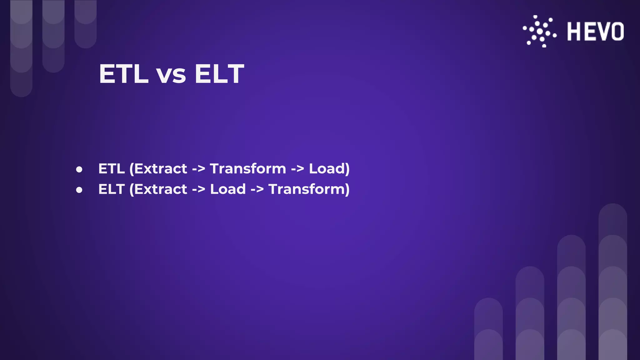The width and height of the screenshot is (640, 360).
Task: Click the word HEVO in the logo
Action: click(x=595, y=32)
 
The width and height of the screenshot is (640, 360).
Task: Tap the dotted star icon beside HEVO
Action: click(x=540, y=32)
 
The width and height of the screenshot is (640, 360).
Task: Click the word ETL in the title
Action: click(x=123, y=74)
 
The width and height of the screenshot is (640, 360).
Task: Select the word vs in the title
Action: click(x=171, y=75)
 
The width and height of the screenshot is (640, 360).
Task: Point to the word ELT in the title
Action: click(x=219, y=74)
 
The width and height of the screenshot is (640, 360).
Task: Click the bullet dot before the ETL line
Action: click(x=79, y=169)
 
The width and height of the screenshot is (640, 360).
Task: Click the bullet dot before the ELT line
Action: click(x=79, y=190)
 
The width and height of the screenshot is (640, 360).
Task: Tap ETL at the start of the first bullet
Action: click(x=111, y=169)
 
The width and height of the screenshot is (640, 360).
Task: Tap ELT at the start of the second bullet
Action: click(x=111, y=189)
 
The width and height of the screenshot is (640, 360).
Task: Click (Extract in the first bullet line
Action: click(x=158, y=169)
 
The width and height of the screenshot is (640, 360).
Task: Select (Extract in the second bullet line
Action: click(x=158, y=189)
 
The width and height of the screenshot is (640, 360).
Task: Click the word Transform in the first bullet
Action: click(x=248, y=169)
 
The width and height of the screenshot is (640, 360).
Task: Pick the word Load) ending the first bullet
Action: click(x=329, y=169)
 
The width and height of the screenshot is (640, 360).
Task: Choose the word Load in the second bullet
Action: click(x=228, y=189)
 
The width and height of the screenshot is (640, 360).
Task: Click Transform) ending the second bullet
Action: click(x=309, y=189)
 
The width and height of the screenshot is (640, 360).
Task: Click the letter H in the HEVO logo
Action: click(x=574, y=32)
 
